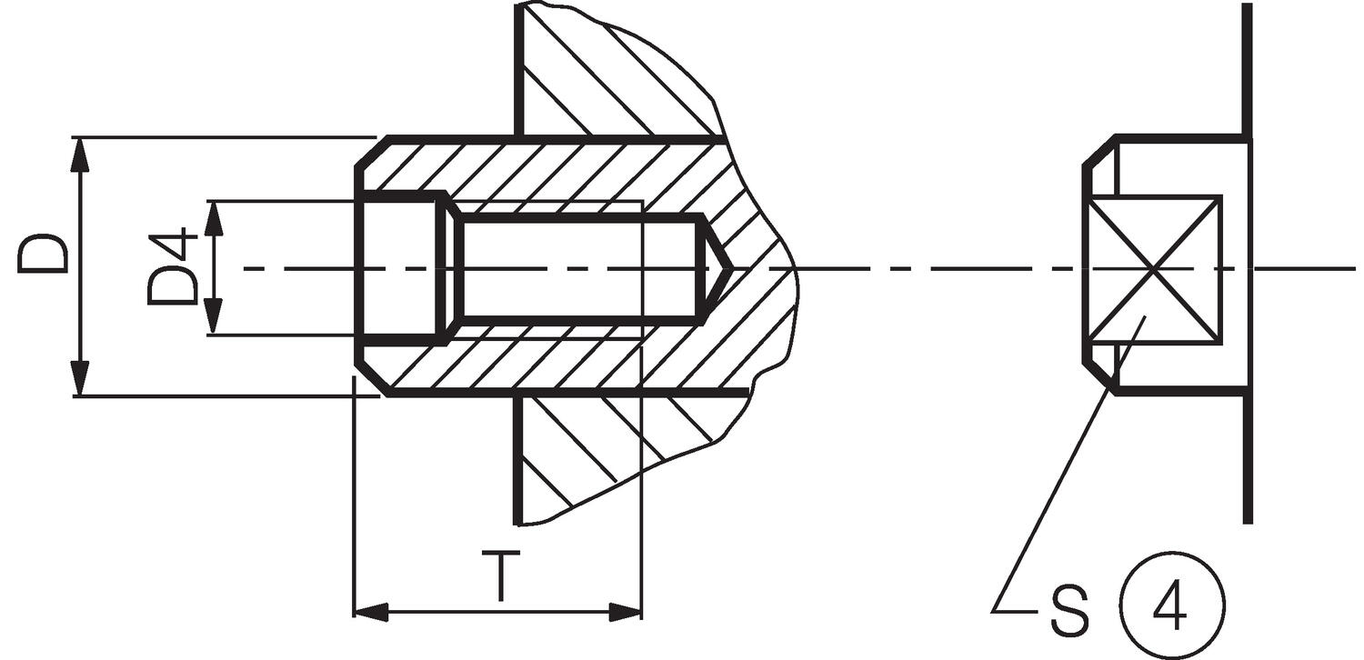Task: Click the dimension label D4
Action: coord(173,267)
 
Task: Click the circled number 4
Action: coord(1168,603)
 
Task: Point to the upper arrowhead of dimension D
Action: coord(80,155)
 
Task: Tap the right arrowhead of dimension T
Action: coord(625,611)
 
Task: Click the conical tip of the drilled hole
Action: coord(718,268)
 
